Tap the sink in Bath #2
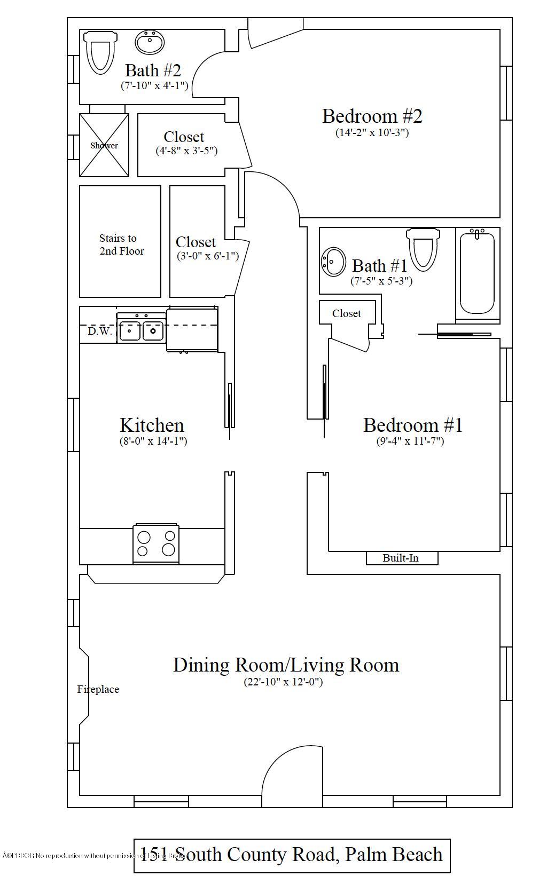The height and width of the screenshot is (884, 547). click(150, 43)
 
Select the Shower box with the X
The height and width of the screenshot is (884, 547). click(104, 145)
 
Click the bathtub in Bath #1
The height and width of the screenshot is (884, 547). click(477, 273)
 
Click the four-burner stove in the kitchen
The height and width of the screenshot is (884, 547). click(156, 543)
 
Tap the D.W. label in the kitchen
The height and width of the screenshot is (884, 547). click(100, 331)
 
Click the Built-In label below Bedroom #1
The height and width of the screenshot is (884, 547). click(401, 558)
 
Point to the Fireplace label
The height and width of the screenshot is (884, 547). click(98, 689)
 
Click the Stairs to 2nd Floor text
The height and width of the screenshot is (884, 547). click(121, 244)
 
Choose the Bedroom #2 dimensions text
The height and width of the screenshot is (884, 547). click(372, 132)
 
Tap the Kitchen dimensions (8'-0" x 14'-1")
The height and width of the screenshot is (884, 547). click(153, 441)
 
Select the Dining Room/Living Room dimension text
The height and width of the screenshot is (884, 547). click(283, 682)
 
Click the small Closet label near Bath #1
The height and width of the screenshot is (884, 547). click(346, 313)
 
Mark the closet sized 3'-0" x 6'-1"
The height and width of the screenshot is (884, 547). click(197, 248)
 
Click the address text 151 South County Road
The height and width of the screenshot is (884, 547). click(291, 854)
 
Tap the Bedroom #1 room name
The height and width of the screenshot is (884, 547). click(412, 425)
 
